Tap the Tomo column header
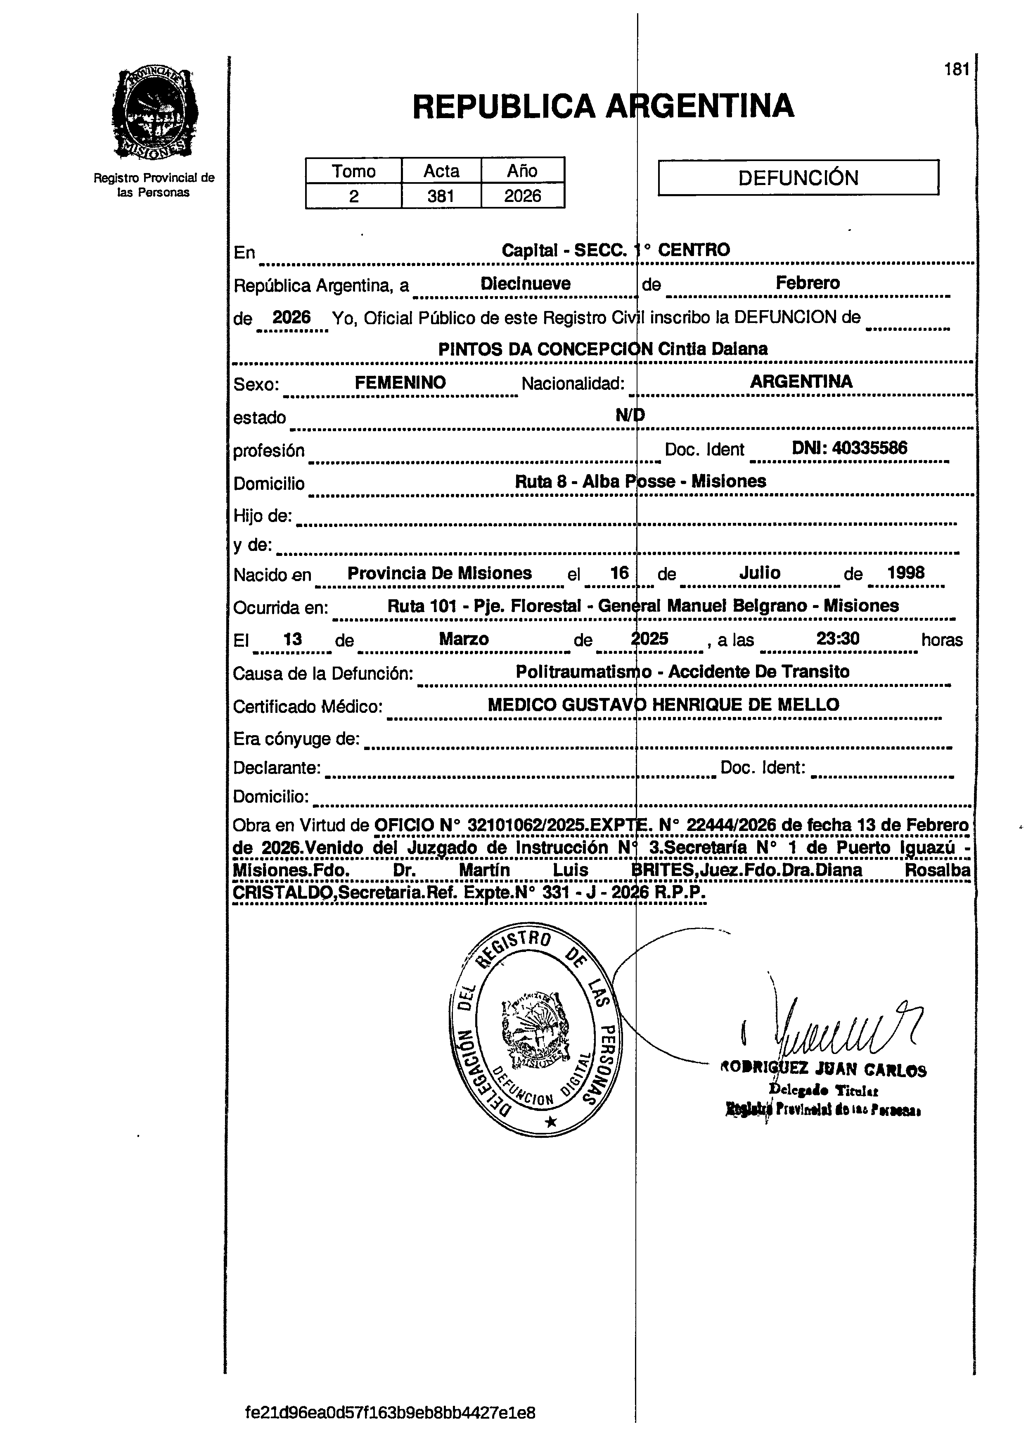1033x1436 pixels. point(354,171)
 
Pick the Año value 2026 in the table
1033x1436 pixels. point(522,196)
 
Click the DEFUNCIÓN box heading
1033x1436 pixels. point(798,178)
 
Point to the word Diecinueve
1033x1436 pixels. point(525,284)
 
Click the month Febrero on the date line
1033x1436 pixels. point(808,283)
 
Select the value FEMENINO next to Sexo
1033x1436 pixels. point(400,382)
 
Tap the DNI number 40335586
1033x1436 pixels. point(869,448)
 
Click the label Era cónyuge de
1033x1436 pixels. point(296,739)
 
